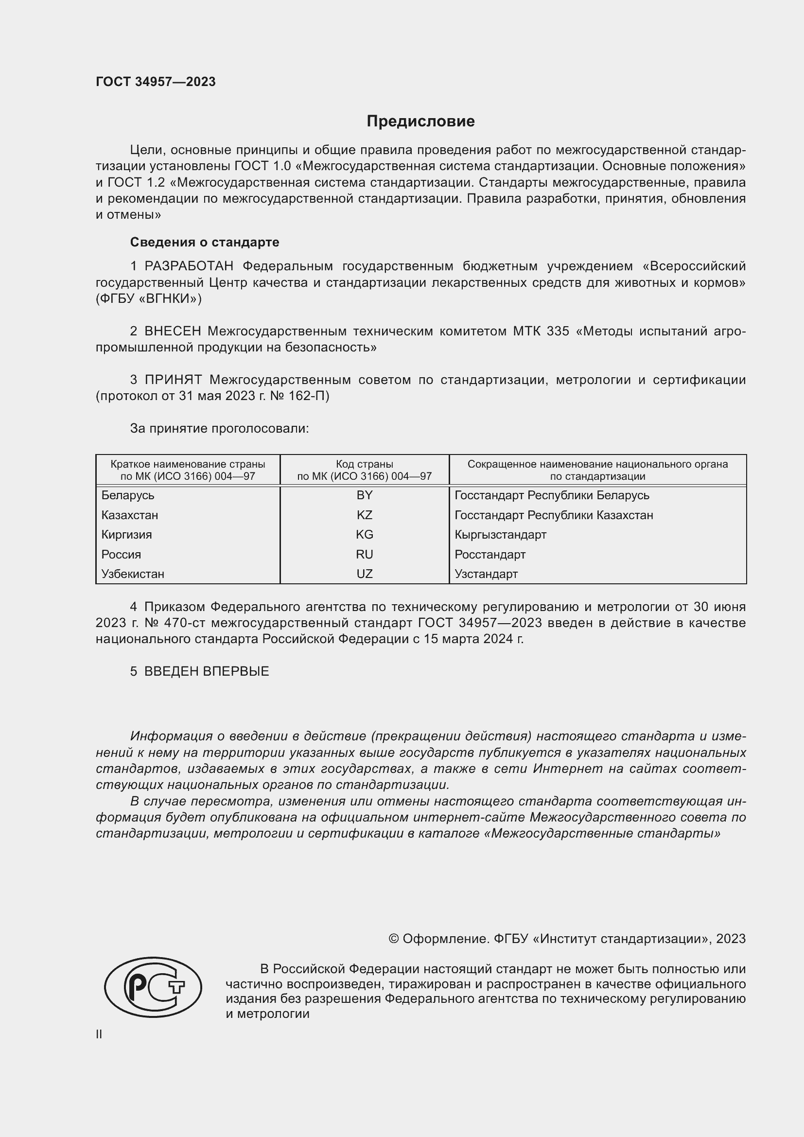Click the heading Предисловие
420,121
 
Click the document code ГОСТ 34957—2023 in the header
156,82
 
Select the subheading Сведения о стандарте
205,242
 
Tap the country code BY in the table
365,495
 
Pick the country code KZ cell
365,515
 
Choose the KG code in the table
365,534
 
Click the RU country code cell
365,554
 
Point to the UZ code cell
365,574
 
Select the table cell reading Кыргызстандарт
500,534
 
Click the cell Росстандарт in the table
489,554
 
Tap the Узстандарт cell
486,574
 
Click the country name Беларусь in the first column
128,495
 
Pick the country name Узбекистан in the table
133,574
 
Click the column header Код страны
365,465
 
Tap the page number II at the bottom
99,1034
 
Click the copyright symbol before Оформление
394,939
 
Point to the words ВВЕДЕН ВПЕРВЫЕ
207,671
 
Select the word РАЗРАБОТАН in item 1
189,266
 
